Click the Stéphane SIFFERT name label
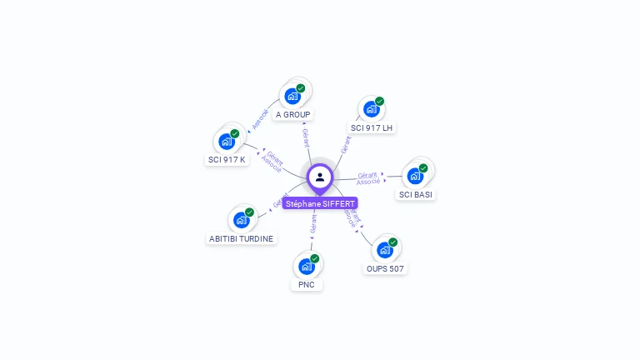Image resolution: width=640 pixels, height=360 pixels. (x=320, y=203)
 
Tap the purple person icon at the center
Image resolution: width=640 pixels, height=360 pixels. (x=320, y=177)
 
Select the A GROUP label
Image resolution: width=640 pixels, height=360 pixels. (x=292, y=114)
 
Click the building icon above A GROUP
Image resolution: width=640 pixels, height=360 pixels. (x=292, y=96)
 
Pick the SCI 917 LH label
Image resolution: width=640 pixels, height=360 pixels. (x=372, y=127)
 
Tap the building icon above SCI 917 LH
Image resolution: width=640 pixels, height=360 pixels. (x=371, y=109)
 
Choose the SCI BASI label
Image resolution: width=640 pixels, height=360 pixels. (x=416, y=194)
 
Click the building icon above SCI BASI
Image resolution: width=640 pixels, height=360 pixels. (x=415, y=176)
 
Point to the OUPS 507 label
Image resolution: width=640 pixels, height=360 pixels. (x=385, y=268)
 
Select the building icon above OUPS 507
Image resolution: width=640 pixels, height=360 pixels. (x=384, y=250)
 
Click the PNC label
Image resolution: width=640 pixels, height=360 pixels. (x=307, y=284)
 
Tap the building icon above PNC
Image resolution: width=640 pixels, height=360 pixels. (x=306, y=266)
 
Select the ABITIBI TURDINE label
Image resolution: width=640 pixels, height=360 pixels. (x=241, y=238)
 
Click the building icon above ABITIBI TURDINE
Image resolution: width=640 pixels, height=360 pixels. (x=241, y=220)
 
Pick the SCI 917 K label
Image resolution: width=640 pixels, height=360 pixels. (x=227, y=159)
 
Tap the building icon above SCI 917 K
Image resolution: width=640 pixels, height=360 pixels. (x=226, y=141)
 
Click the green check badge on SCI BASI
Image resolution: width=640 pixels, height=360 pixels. (x=423, y=168)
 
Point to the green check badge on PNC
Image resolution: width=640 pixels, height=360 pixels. (x=315, y=258)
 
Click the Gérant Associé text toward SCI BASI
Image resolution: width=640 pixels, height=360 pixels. (x=368, y=178)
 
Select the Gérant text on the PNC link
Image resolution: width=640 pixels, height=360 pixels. (x=313, y=223)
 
